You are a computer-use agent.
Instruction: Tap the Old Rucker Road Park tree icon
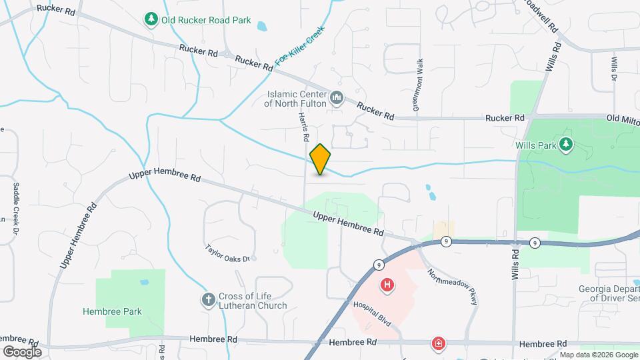pyautogui.click(x=152, y=19)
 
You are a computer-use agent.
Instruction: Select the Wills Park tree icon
pyautogui.click(x=566, y=144)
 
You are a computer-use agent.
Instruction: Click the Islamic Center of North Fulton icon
pyautogui.click(x=337, y=99)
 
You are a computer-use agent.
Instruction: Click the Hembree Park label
pyautogui.click(x=112, y=311)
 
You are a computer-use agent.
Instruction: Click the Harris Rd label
pyautogui.click(x=303, y=126)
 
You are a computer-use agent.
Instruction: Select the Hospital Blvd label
pyautogui.click(x=376, y=313)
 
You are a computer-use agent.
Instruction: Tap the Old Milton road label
pyautogui.click(x=622, y=118)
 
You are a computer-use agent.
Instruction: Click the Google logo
pyautogui.click(x=22, y=352)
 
